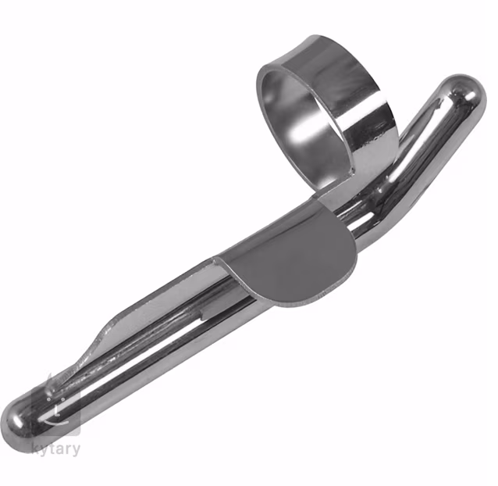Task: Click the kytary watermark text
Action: (56, 449)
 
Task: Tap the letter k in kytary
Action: (36, 448)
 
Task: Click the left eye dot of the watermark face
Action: (48, 398)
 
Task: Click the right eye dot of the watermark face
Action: (63, 399)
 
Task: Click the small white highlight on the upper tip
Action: (471, 96)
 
